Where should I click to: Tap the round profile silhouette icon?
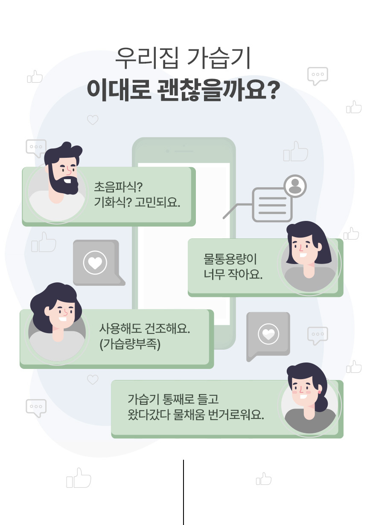[x=294, y=186]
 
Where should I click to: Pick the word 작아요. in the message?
[x=248, y=274]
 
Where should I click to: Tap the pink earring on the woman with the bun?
[x=319, y=391]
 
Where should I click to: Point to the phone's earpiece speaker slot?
[x=184, y=151]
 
